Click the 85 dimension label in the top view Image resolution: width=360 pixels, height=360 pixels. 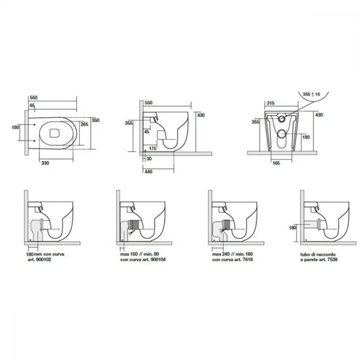[x=32, y=105]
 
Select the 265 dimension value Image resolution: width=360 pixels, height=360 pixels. [x=85, y=124]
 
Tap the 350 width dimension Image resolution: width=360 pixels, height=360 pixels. [x=95, y=120]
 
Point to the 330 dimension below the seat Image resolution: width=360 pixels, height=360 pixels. [x=45, y=163]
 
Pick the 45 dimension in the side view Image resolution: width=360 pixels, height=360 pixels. [x=147, y=131]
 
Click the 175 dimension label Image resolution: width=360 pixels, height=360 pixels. [x=153, y=149]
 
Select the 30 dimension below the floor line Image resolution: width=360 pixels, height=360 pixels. [x=149, y=159]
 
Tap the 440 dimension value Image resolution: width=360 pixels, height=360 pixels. [x=149, y=171]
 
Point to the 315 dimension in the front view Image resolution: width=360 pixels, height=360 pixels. [x=271, y=103]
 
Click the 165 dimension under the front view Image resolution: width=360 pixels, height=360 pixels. [x=276, y=163]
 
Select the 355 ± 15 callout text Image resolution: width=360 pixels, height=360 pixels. [x=311, y=94]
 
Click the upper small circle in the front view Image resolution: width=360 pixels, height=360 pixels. [x=282, y=119]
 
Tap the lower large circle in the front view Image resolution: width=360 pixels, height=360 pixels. [x=282, y=134]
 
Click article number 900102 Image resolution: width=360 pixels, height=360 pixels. [x=44, y=260]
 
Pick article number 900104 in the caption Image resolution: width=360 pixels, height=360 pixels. [x=158, y=260]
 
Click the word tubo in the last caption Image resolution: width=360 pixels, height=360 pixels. [x=305, y=255]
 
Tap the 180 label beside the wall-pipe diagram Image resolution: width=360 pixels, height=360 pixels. [x=292, y=228]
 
